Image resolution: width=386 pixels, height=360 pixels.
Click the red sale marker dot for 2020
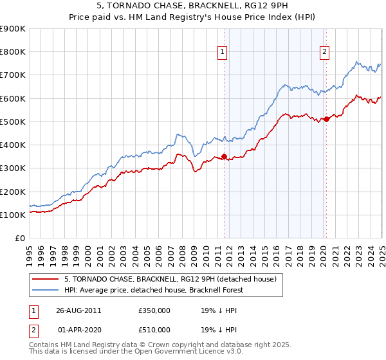tap(326, 118)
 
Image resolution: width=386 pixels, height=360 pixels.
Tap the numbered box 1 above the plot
tap(223, 53)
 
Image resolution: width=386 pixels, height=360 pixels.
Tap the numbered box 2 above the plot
tap(324, 53)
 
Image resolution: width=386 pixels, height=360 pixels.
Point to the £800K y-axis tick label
tap(13, 52)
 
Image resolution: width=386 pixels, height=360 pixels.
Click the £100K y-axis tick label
tap(13, 215)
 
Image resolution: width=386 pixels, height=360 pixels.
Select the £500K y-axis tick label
tap(13, 122)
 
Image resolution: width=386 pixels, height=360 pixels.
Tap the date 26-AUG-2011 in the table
tap(78, 310)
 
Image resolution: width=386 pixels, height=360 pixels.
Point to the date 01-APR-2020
tap(78, 329)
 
